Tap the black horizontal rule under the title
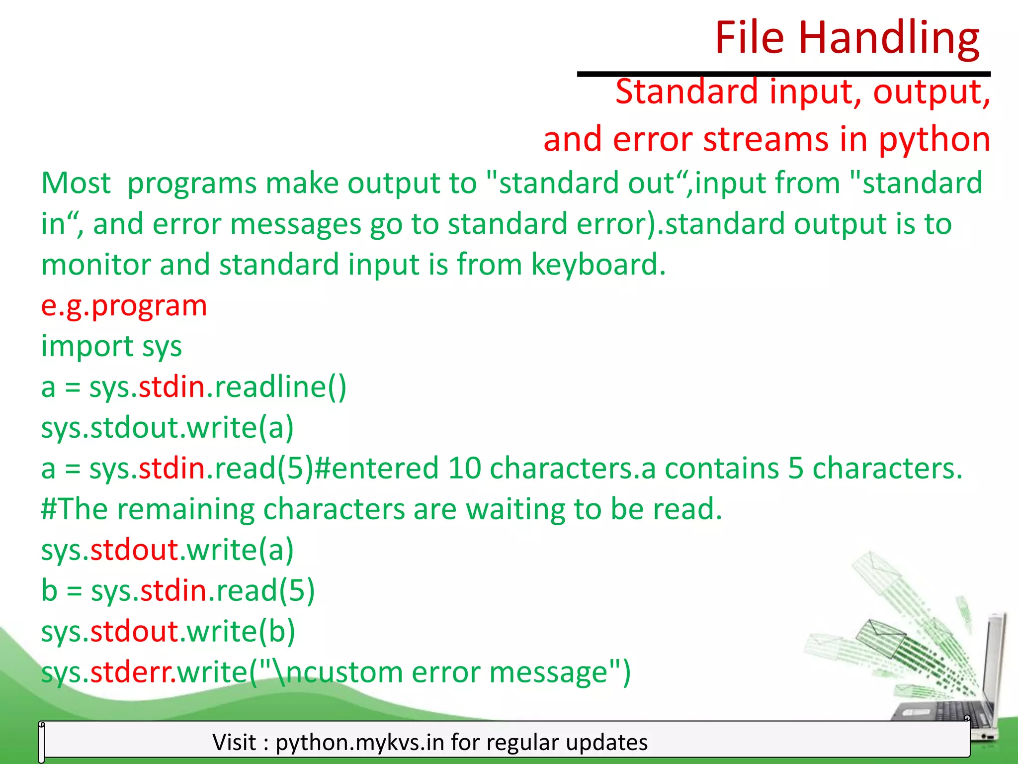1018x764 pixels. point(783,74)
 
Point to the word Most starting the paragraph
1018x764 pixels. point(76,183)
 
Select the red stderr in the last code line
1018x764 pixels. point(132,672)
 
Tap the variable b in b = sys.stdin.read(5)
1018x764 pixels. point(49,590)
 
